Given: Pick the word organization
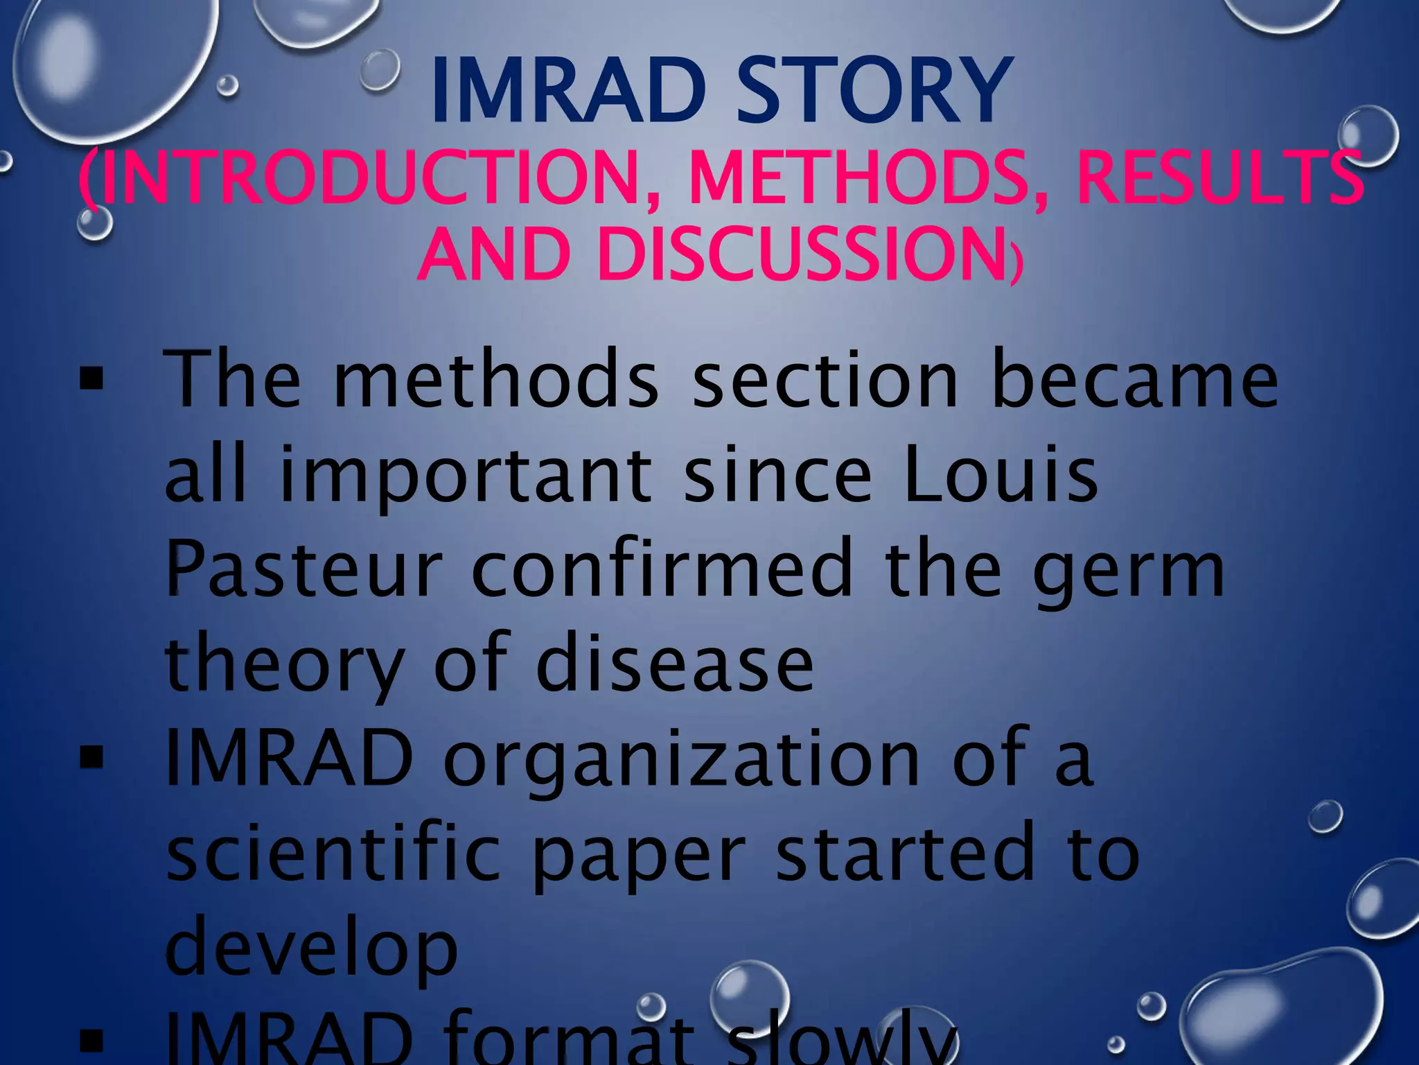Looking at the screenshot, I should (682, 761).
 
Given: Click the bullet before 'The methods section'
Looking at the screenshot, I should (91, 381).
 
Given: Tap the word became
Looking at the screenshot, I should (1134, 381).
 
